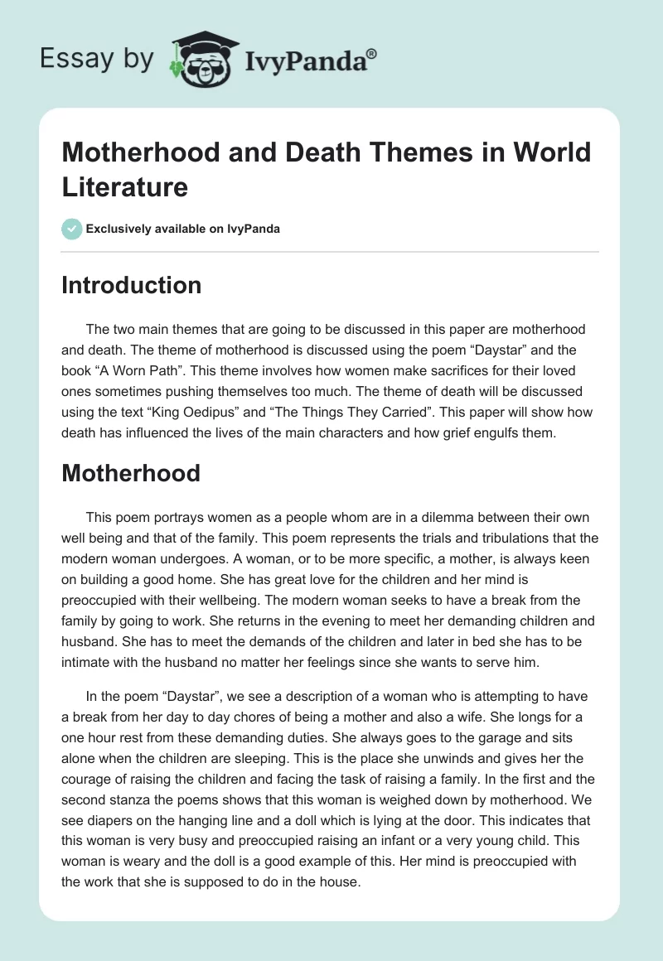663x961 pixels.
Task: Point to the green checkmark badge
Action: point(71,229)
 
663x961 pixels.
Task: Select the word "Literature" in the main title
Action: point(124,186)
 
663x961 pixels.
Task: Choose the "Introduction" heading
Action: point(132,285)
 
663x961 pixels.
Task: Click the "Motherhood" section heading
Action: point(131,473)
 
